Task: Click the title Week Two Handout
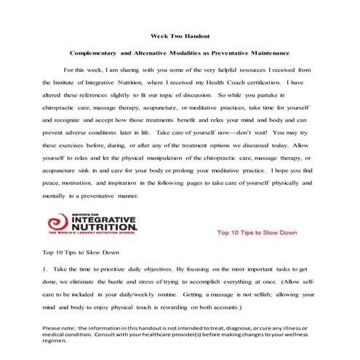point(180,35)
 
